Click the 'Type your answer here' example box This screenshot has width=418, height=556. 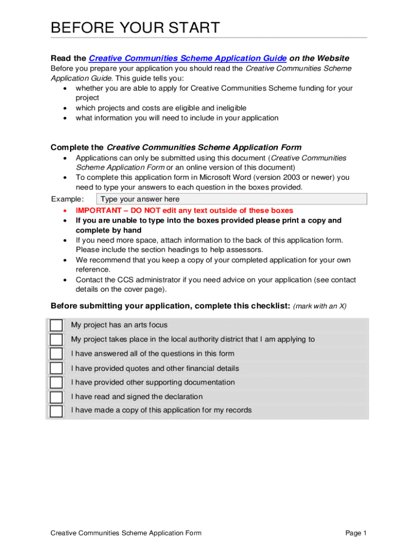coord(231,199)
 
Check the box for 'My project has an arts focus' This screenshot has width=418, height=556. coord(56,325)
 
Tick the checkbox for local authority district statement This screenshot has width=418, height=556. coord(56,340)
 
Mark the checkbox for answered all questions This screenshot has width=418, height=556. coord(56,354)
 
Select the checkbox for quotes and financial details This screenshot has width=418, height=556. coord(56,368)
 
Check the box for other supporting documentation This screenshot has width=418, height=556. coord(56,383)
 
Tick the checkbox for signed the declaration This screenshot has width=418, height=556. coord(56,397)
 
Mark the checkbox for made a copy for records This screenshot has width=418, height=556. coord(56,410)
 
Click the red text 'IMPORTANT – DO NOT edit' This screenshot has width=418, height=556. coord(184,210)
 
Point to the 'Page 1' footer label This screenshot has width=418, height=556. coord(356,533)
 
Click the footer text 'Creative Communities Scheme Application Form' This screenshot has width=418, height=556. coord(126,533)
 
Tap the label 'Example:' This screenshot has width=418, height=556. coord(67,199)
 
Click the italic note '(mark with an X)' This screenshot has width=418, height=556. coord(320,306)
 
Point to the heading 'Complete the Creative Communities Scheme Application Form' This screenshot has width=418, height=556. coord(176,147)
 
